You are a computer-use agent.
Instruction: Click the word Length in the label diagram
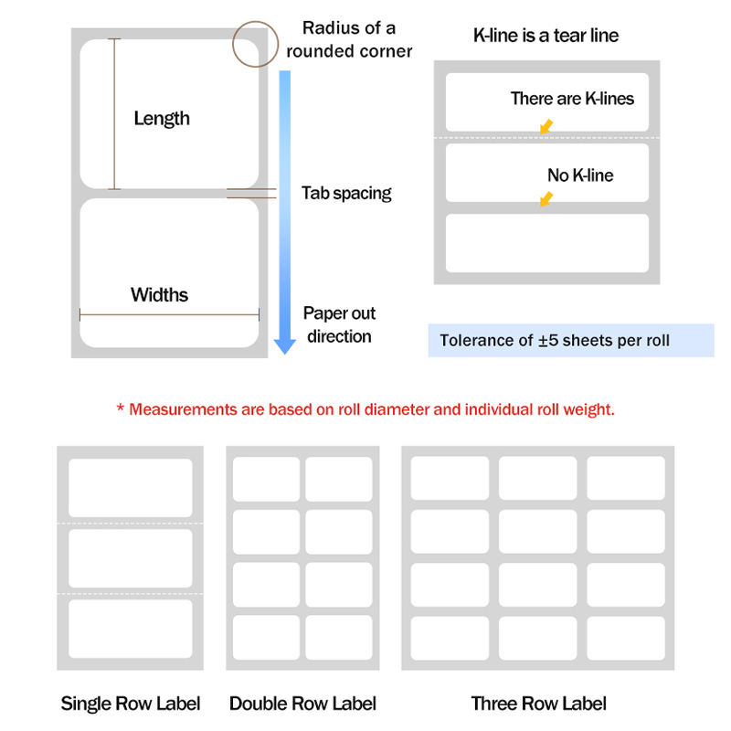(162, 119)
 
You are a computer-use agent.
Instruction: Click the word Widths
(159, 294)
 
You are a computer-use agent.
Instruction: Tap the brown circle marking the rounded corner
(256, 21)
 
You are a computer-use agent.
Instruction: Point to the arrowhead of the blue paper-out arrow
(285, 346)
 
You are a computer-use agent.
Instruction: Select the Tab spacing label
(346, 193)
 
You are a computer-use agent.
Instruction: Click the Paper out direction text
(339, 324)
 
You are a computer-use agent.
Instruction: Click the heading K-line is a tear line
(546, 36)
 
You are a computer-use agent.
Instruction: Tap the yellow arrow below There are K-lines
(546, 126)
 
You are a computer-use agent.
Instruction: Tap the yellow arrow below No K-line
(546, 198)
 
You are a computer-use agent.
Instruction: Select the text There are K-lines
(572, 99)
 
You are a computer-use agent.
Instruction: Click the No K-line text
(580, 175)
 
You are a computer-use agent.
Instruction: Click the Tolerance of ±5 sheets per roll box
(571, 340)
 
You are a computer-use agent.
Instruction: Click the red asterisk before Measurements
(121, 408)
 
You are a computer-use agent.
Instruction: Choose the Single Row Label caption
(131, 704)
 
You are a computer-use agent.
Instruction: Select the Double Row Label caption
(302, 704)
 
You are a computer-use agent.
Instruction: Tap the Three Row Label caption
(538, 704)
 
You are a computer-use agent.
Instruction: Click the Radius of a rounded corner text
(349, 39)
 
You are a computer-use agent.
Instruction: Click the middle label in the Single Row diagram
(131, 558)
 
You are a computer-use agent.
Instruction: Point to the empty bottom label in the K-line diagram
(547, 243)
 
